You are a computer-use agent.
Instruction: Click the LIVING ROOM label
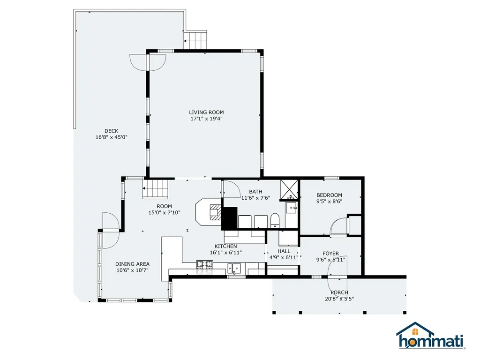(206, 112)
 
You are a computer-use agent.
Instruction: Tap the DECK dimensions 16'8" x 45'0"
(112, 137)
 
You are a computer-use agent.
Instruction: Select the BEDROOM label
(330, 195)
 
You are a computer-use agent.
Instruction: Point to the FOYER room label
(330, 254)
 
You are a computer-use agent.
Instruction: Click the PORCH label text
(339, 292)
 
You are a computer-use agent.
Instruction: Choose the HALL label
(284, 251)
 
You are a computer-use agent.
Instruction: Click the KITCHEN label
(225, 246)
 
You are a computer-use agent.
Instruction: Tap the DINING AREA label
(132, 264)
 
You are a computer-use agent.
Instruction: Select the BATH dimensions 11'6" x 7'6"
(255, 198)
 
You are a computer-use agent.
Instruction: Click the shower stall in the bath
(289, 189)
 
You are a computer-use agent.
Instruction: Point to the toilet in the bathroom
(275, 221)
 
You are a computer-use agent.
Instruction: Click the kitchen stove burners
(205, 267)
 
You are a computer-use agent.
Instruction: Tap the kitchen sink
(234, 269)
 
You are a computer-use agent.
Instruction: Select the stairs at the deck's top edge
(195, 40)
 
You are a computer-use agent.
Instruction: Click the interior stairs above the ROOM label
(156, 189)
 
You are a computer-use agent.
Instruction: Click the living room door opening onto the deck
(148, 63)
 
